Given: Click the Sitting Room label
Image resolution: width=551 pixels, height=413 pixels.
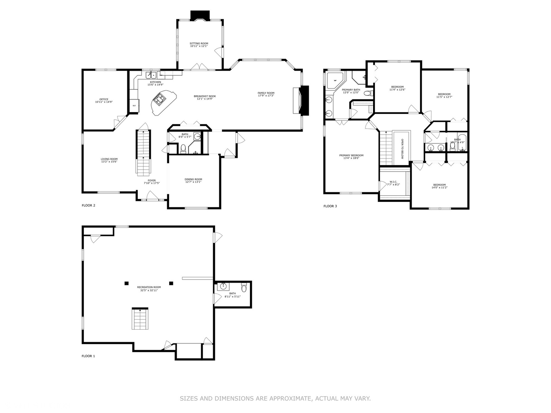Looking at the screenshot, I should pos(199,44).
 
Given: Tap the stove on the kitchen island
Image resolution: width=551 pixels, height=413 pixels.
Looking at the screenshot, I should pos(159,100).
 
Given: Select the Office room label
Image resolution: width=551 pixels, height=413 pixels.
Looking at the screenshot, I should pos(104,99).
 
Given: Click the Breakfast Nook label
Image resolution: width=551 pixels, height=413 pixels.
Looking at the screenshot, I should pos(205,96).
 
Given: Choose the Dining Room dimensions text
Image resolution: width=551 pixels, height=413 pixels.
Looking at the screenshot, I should pos(193,182).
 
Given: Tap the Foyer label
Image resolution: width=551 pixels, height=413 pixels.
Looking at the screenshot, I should pos(152,180).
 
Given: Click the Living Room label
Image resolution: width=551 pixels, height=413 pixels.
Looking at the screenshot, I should pos(109,159).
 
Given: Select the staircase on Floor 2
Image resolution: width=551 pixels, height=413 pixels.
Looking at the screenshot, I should pos(143,152).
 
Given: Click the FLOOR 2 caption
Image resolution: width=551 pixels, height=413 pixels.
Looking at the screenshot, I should pos(88,205).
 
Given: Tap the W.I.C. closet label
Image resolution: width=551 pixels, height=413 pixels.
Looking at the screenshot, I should pos(393,182).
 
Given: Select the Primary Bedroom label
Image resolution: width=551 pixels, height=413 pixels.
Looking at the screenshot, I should pos(351,155).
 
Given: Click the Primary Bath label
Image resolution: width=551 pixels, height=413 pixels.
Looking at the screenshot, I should pos(351,90).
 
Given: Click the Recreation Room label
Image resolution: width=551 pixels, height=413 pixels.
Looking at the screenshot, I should pos(149,287).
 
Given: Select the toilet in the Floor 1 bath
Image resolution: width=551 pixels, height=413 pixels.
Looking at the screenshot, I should pos(244,288).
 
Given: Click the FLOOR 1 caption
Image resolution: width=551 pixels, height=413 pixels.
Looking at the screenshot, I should pos(88,356).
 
